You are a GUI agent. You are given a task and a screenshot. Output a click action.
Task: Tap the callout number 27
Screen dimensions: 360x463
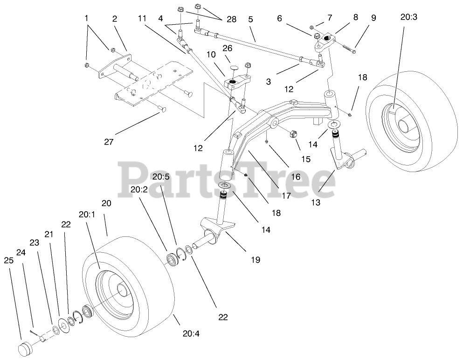109,142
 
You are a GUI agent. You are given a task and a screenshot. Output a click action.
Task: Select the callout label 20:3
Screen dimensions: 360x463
409,17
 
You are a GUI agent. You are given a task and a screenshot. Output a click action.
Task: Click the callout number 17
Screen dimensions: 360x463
286,196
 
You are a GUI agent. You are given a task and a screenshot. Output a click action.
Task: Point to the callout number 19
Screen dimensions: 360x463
256,259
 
